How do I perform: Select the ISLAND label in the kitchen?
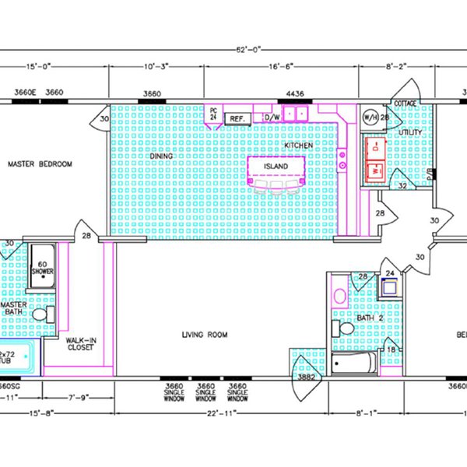pyautogui.click(x=275, y=167)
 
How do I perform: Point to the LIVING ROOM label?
pyautogui.click(x=204, y=335)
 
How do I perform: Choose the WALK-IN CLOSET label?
pyautogui.click(x=79, y=344)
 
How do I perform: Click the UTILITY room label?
pyautogui.click(x=410, y=132)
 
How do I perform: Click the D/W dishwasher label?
pyautogui.click(x=272, y=118)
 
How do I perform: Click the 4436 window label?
pyautogui.click(x=295, y=94)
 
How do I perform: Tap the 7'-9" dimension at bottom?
pyautogui.click(x=80, y=398)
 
